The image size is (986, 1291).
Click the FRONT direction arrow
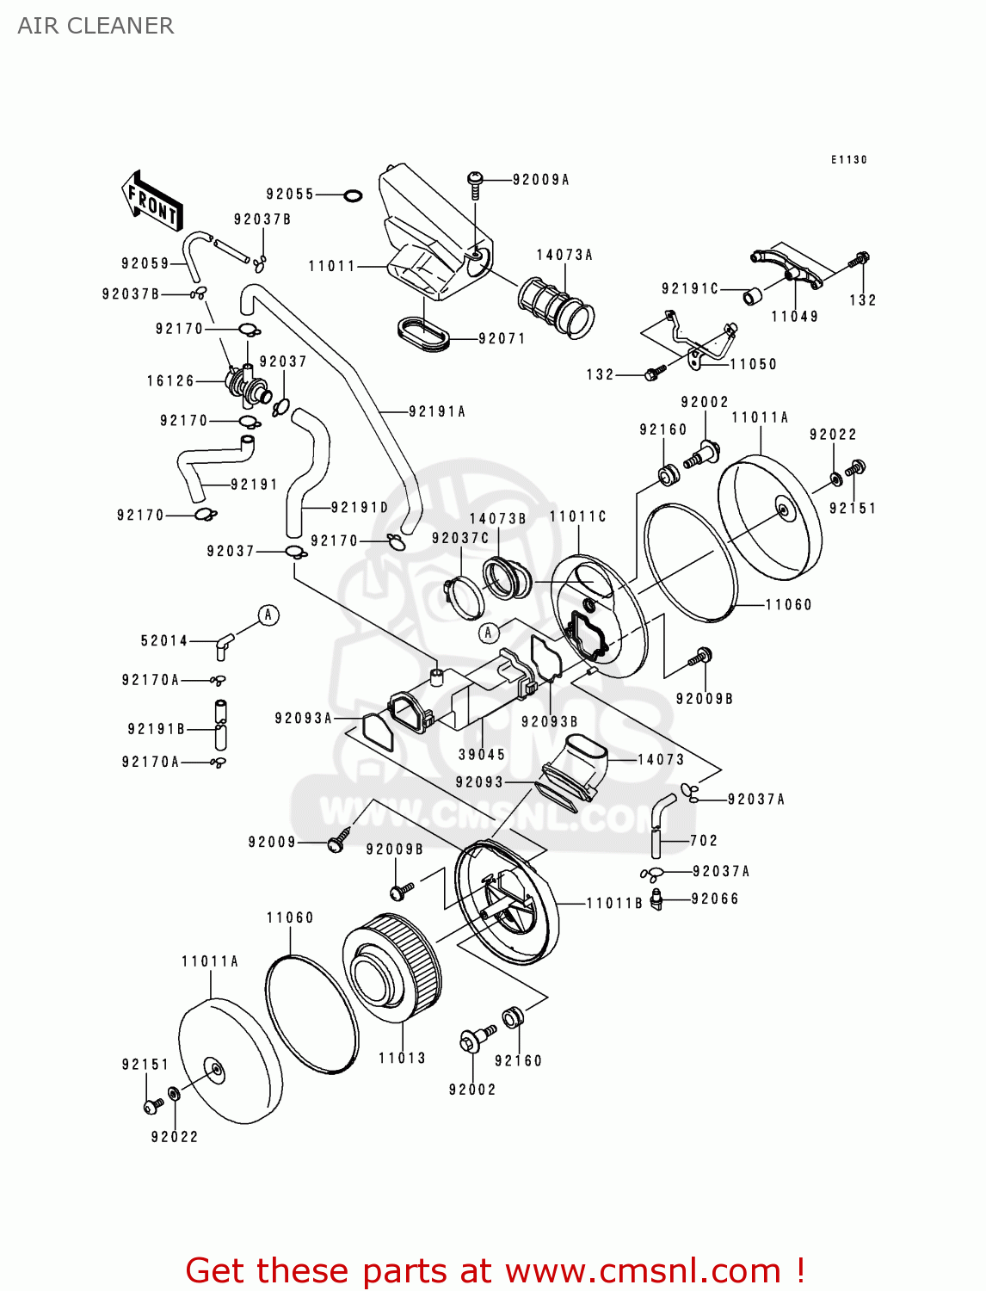tap(152, 201)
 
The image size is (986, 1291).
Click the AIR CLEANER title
tap(96, 26)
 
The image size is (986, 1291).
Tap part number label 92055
tap(290, 195)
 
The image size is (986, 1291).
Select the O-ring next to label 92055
tap(353, 195)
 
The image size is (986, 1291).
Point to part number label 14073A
tap(564, 255)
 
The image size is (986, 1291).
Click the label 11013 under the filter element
tap(402, 1058)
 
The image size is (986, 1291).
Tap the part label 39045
tap(482, 755)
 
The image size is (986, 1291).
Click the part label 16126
tap(170, 380)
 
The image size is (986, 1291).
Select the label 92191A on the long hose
tap(437, 411)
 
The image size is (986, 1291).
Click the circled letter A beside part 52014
tap(268, 615)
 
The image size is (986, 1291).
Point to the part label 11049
tap(794, 316)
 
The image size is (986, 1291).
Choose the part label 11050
tap(753, 364)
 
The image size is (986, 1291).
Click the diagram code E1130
tap(848, 160)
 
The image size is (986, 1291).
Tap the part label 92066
tap(715, 899)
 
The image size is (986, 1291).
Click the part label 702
tap(703, 840)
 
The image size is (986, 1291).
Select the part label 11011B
tap(614, 903)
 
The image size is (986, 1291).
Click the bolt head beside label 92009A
tap(475, 179)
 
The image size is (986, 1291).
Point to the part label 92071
tap(502, 338)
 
